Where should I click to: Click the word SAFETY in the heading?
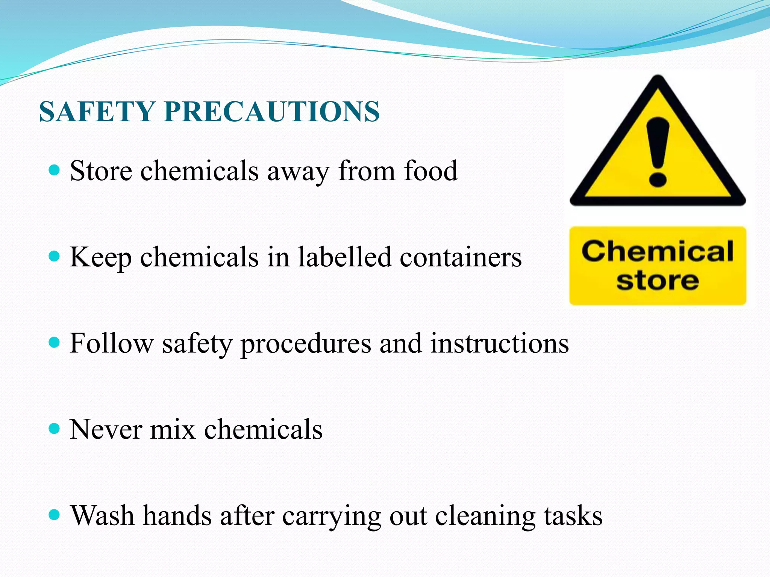tap(97, 112)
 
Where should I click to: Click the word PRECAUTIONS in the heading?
tap(272, 112)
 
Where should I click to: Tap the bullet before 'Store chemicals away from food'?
tap(55, 170)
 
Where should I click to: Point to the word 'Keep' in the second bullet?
tap(101, 258)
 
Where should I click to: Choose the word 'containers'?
tap(461, 258)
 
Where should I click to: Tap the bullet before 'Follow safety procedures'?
tap(55, 343)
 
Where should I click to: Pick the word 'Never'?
tap(106, 429)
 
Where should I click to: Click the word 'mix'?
tap(173, 429)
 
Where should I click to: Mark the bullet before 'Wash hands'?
tap(55, 514)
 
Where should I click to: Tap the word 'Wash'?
tap(103, 515)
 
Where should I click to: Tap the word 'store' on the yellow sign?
tap(658, 281)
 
